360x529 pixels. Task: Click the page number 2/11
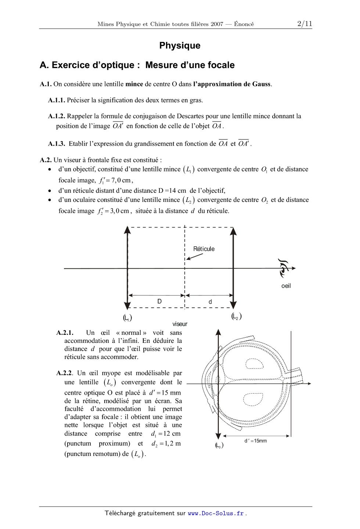click(305, 24)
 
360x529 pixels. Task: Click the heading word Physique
click(180, 46)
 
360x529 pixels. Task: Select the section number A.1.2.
click(56, 116)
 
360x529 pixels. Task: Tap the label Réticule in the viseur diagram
click(204, 249)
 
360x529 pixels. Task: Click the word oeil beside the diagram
click(286, 286)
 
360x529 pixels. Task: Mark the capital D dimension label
click(159, 301)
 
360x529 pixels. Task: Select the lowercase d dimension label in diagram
click(210, 302)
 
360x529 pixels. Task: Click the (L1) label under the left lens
click(127, 318)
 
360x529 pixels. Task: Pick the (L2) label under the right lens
click(237, 316)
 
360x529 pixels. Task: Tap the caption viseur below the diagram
click(180, 324)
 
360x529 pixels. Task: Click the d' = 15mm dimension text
click(256, 441)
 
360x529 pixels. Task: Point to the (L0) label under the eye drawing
click(219, 445)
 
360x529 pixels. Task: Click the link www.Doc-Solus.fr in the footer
click(216, 513)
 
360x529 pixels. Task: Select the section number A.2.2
click(65, 373)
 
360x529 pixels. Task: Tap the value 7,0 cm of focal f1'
click(121, 180)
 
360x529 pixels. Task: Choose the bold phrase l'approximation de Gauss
click(232, 84)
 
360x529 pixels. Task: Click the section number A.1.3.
click(56, 144)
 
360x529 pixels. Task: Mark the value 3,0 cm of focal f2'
click(119, 211)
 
